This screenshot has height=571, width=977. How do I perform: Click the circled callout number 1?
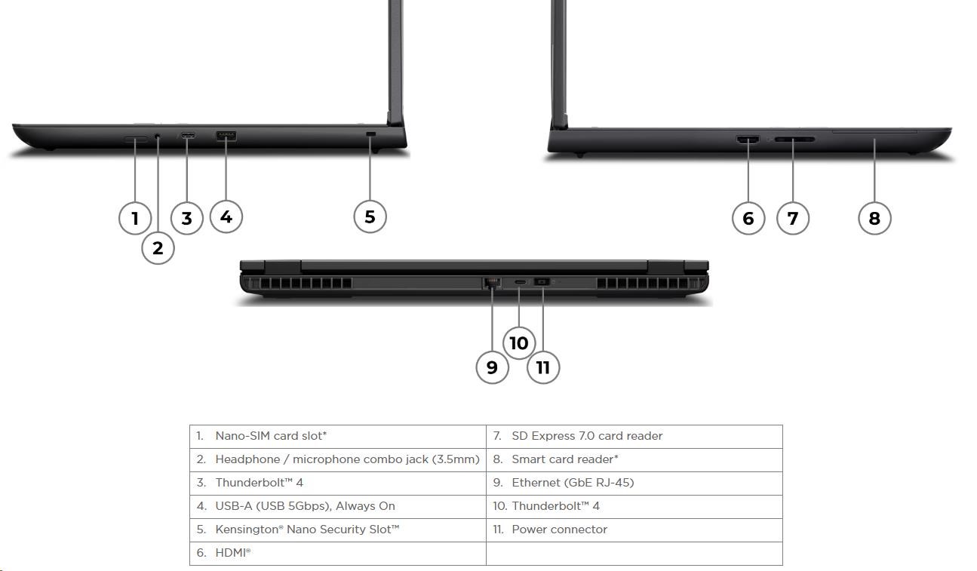click(x=135, y=218)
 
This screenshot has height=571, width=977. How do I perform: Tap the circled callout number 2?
click(x=158, y=248)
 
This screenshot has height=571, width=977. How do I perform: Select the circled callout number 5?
click(x=370, y=216)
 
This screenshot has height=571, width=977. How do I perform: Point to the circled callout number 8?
click(x=874, y=218)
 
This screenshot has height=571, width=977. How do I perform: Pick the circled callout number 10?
click(x=518, y=343)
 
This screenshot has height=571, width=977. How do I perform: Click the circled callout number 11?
click(x=543, y=367)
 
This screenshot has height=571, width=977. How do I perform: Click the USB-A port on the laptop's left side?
click(x=226, y=136)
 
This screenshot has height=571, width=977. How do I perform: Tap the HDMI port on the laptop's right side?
click(x=748, y=140)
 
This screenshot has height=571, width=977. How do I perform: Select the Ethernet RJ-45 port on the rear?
click(x=492, y=283)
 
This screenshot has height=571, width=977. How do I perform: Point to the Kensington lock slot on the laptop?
click(x=370, y=134)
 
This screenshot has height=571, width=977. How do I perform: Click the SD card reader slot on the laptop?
click(x=794, y=139)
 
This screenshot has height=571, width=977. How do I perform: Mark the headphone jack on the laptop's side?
click(x=158, y=137)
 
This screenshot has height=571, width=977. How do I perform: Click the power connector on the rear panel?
click(x=542, y=282)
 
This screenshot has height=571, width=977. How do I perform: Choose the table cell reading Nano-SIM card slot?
click(x=337, y=436)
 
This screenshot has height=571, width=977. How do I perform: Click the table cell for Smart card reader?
click(x=634, y=460)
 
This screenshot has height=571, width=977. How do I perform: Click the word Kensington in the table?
click(x=248, y=530)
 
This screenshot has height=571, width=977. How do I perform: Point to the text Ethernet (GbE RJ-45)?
click(x=573, y=483)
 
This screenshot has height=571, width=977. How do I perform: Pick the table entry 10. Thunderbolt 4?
click(x=546, y=506)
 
